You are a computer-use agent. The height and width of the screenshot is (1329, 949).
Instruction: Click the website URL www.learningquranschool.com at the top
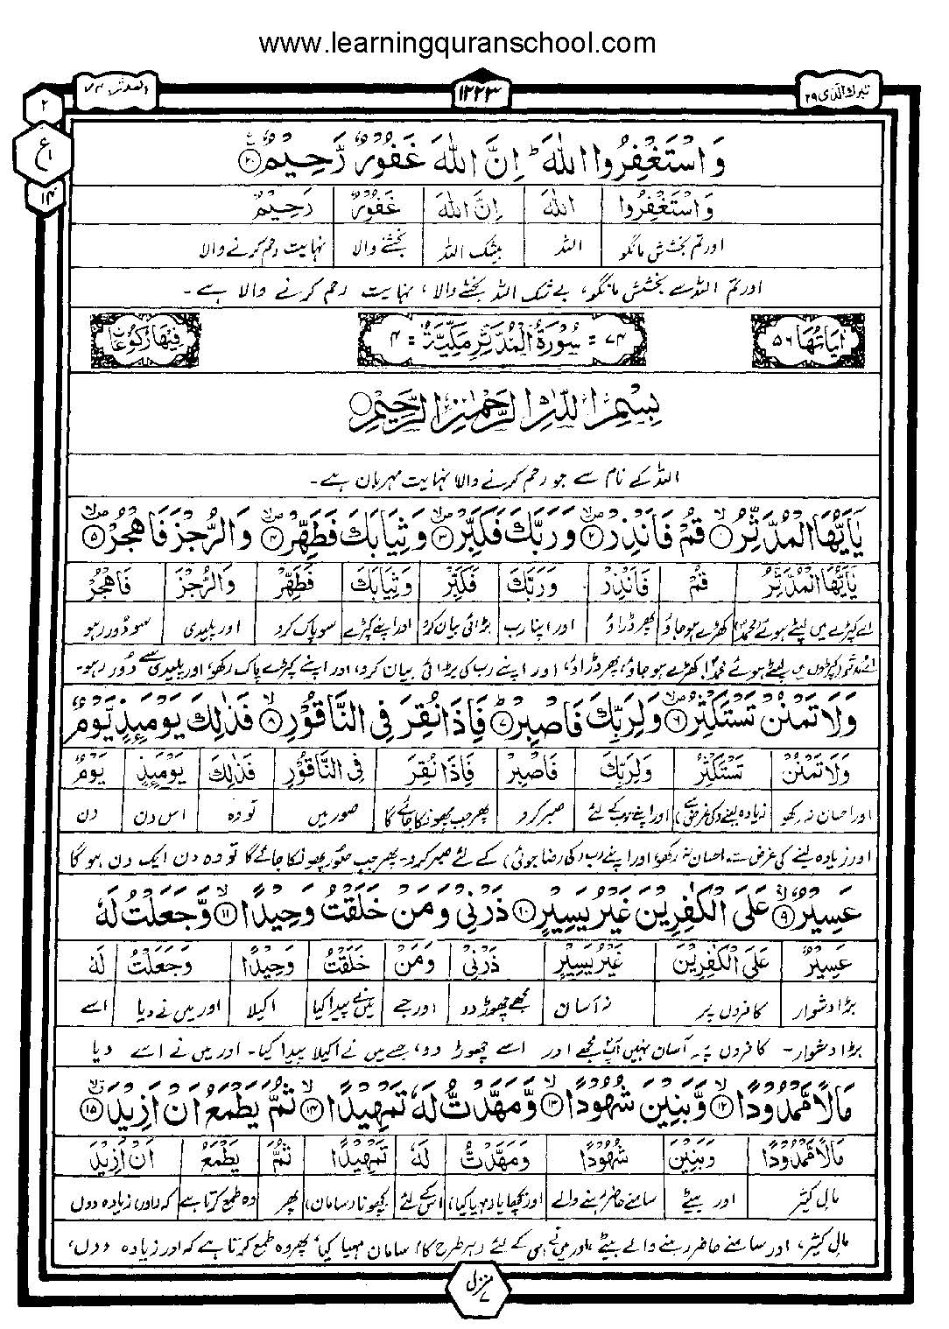pyautogui.click(x=458, y=42)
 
